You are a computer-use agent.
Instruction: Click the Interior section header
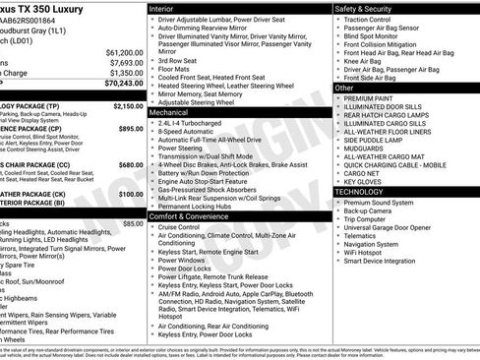163,8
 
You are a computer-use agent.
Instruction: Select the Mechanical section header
169,113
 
